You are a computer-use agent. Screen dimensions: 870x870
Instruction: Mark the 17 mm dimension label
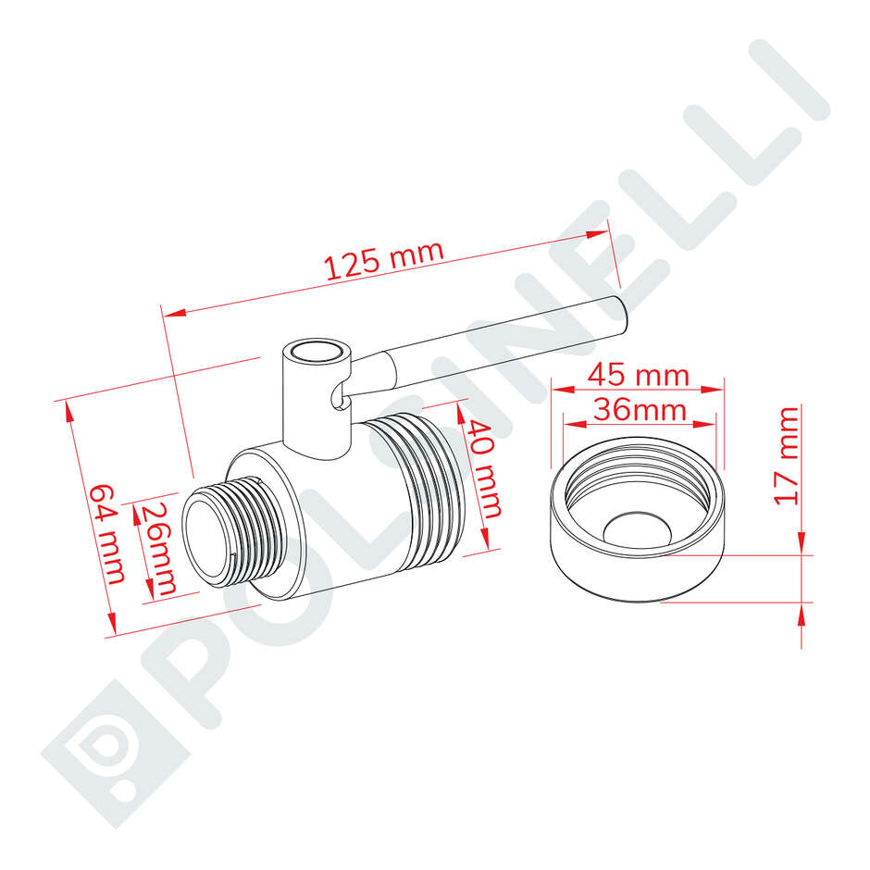[x=786, y=455]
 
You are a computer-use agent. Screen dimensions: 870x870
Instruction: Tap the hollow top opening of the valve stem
[x=316, y=353]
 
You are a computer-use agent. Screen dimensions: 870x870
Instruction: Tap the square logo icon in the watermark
[x=103, y=740]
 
